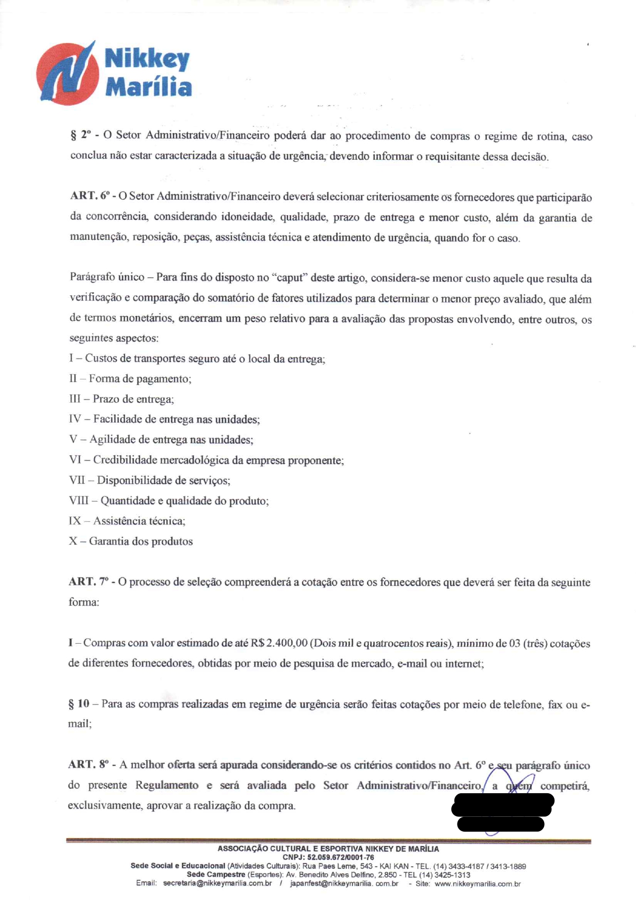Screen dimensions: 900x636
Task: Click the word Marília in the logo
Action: pyautogui.click(x=148, y=87)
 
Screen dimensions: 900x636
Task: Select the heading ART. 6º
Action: pyautogui.click(x=90, y=196)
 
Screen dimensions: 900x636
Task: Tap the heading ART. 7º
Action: pyautogui.click(x=89, y=582)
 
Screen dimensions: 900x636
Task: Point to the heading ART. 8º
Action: pyautogui.click(x=89, y=764)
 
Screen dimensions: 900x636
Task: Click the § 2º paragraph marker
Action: pyautogui.click(x=81, y=136)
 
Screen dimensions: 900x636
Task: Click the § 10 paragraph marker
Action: pyautogui.click(x=79, y=703)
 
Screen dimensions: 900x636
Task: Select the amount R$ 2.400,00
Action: pyautogui.click(x=279, y=643)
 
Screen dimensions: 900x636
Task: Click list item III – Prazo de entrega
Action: pyautogui.click(x=122, y=399)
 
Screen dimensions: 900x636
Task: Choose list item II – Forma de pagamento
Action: pyautogui.click(x=130, y=379)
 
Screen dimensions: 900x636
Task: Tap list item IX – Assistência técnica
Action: pyautogui.click(x=127, y=521)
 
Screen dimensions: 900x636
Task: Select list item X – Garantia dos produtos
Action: pyautogui.click(x=131, y=541)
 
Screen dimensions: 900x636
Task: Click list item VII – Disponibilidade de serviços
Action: pyautogui.click(x=150, y=481)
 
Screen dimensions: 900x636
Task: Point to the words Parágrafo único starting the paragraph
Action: pyautogui.click(x=107, y=277)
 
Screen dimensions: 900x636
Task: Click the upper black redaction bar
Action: pyautogui.click(x=502, y=805)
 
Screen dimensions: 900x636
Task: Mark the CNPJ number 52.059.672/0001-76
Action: pyautogui.click(x=341, y=857)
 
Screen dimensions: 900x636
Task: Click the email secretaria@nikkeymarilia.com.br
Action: pyautogui.click(x=217, y=884)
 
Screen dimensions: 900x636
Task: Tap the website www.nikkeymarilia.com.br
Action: pyautogui.click(x=478, y=884)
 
